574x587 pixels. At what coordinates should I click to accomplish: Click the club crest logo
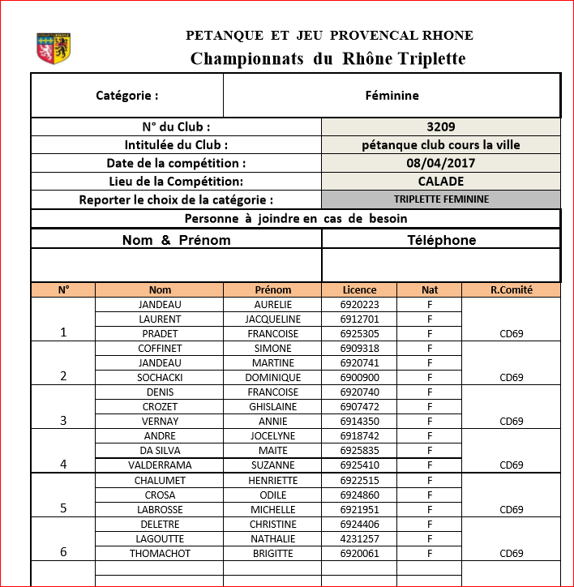[54, 48]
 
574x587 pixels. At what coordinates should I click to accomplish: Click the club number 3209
[440, 126]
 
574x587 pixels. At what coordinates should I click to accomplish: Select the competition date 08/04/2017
[440, 163]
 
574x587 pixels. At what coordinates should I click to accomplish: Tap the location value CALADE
[440, 181]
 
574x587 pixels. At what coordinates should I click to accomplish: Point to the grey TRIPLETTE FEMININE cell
[441, 199]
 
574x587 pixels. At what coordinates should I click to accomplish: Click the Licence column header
[359, 289]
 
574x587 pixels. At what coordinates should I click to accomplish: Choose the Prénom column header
[272, 289]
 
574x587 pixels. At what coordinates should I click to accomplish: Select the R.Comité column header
[511, 289]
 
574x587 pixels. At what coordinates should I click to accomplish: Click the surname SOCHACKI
[160, 378]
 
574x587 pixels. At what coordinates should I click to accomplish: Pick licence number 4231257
[359, 539]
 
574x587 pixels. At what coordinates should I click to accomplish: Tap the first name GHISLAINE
[272, 407]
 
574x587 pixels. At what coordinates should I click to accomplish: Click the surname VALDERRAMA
[160, 465]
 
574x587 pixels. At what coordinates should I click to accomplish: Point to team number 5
[63, 508]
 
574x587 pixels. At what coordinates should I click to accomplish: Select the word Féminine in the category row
[392, 96]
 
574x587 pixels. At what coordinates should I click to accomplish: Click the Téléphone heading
[441, 240]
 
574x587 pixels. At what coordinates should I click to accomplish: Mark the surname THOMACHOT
[160, 554]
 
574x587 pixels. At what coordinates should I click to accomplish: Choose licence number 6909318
[359, 349]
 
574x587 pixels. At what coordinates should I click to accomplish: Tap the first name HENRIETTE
[272, 481]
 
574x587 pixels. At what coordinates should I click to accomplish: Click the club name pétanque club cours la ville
[440, 145]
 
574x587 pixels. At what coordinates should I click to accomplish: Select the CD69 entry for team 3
[511, 422]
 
